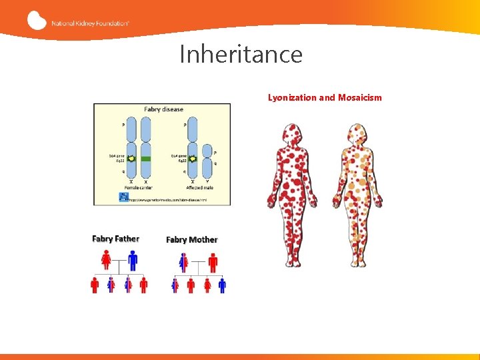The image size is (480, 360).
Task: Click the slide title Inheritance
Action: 241,54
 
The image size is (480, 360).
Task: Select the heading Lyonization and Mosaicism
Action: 325,97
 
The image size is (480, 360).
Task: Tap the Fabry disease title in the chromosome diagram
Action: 163,109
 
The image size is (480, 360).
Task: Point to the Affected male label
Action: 199,187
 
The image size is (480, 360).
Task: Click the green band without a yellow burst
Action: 146,159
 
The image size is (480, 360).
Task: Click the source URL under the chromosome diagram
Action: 167,199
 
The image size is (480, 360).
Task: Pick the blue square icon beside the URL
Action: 123,197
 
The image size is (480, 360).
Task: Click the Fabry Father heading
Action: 115,239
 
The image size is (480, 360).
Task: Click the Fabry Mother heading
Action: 191,239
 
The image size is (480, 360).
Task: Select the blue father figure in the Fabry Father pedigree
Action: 133,259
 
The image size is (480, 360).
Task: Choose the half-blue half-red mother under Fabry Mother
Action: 183,261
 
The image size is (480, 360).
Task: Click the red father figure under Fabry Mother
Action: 213,261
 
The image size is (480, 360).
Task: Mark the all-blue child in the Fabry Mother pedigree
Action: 222,285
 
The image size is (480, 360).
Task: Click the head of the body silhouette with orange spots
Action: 357,132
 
